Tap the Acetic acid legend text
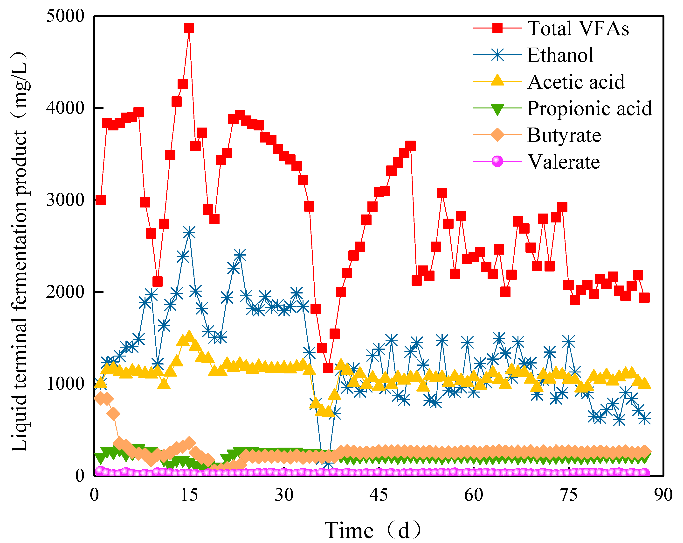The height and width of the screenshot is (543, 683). point(576,82)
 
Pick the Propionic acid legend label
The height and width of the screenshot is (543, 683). point(589,108)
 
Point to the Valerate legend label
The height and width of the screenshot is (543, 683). point(563,162)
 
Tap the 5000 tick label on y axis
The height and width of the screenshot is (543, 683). point(65,16)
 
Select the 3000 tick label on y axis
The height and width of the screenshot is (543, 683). point(65,200)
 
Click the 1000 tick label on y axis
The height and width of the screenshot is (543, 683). point(65,384)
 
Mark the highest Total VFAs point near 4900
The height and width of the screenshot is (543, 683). point(189,28)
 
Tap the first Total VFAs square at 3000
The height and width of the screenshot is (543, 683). point(100,200)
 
